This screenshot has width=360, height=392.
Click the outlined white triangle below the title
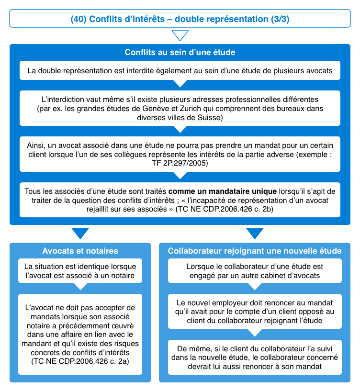[180, 36]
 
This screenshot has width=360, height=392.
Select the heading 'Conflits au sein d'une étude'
[180, 52]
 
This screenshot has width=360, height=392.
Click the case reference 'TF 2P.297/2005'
[180, 163]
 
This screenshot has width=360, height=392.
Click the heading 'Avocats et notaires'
[80, 251]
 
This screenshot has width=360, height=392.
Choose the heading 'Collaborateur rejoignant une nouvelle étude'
[254, 251]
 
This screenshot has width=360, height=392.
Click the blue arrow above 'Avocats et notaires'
[80, 233]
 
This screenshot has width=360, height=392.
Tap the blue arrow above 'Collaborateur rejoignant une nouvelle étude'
[254, 233]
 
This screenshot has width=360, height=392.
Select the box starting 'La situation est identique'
[80, 270]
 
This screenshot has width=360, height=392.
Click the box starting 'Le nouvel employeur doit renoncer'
[254, 312]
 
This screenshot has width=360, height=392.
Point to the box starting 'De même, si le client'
[254, 357]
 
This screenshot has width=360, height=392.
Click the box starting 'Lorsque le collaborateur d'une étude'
[254, 270]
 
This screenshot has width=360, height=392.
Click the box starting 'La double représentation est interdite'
[180, 71]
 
